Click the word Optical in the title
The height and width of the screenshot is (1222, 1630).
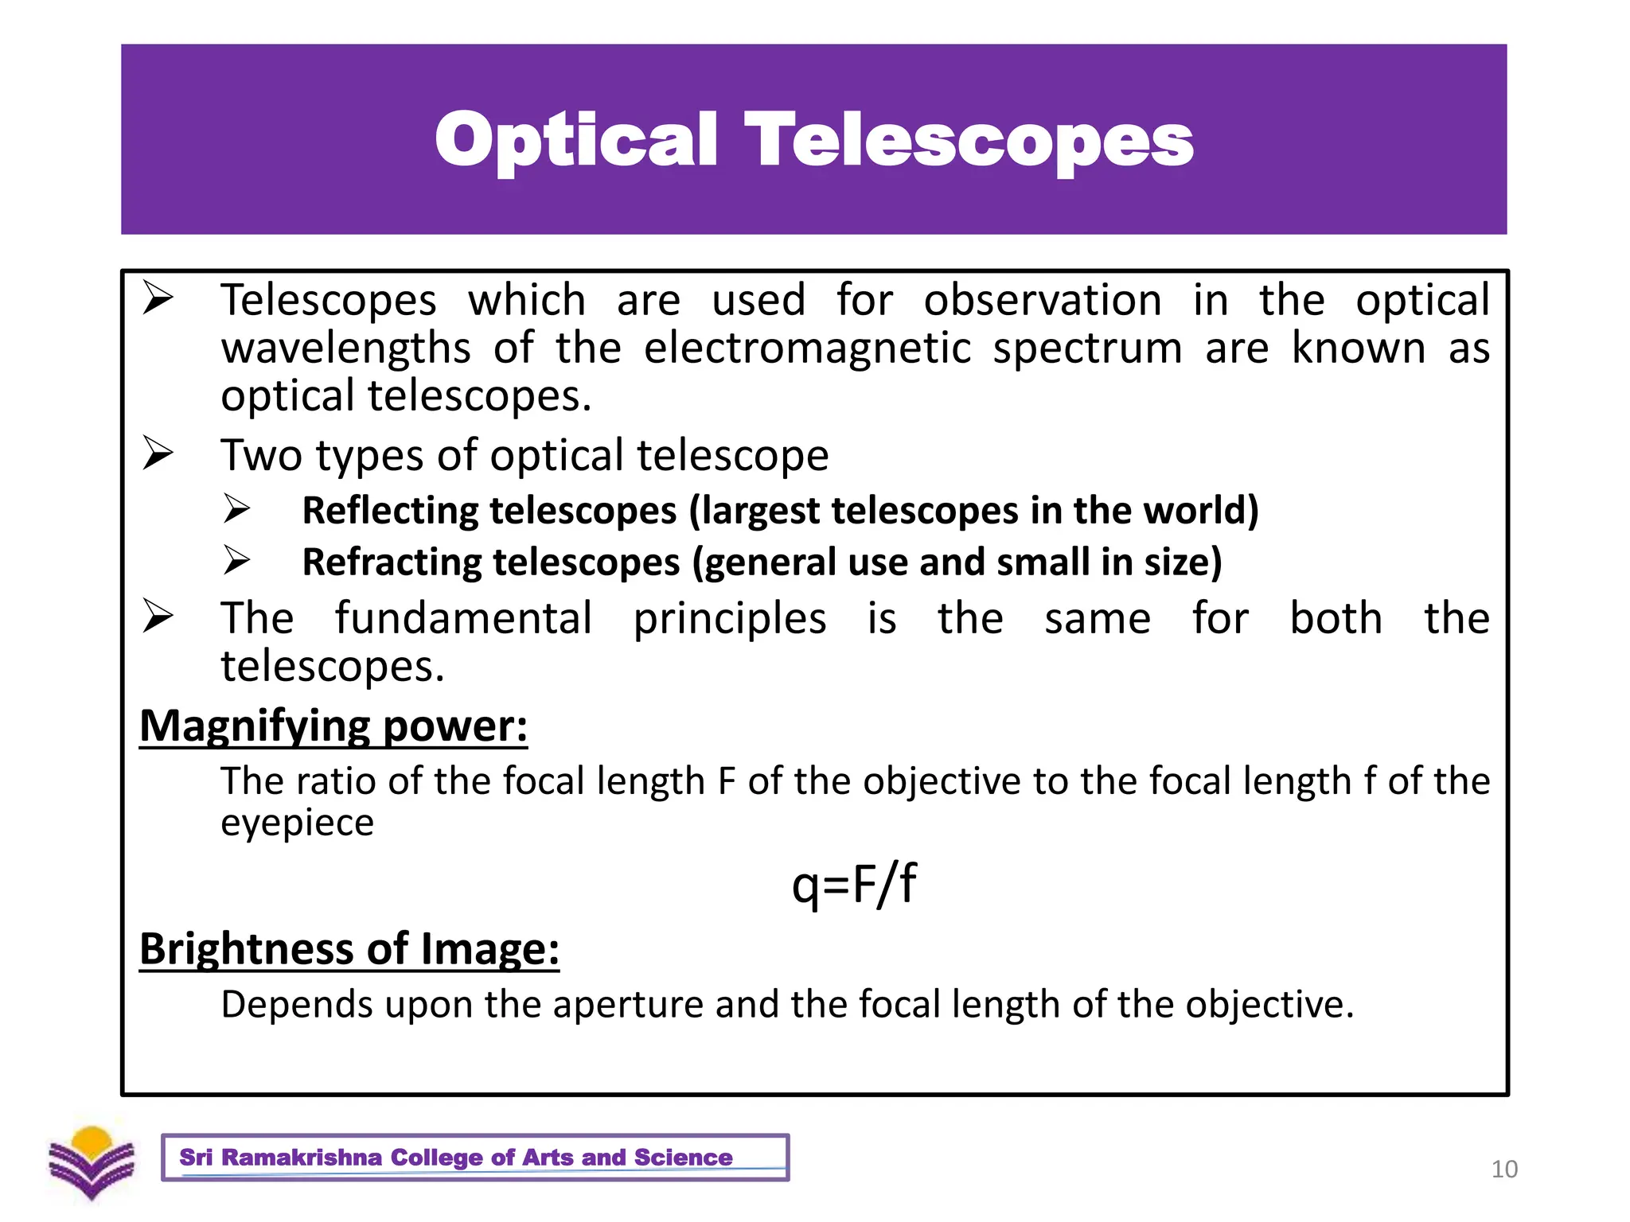click(x=576, y=141)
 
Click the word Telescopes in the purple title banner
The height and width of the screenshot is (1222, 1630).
click(x=969, y=141)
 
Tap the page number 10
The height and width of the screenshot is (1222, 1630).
click(x=1503, y=1169)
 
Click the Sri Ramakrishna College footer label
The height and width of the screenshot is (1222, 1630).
click(x=456, y=1158)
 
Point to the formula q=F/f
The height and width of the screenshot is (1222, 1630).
click(x=853, y=884)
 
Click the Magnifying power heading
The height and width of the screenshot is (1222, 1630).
click(x=333, y=726)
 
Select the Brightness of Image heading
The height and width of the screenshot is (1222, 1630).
click(x=349, y=948)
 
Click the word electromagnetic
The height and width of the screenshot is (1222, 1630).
click(x=807, y=348)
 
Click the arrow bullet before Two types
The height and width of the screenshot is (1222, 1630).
click(x=158, y=453)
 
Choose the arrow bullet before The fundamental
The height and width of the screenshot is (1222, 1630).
click(x=158, y=617)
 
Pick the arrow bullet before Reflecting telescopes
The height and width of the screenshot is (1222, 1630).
click(x=236, y=509)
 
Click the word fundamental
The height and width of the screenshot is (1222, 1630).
click(x=463, y=618)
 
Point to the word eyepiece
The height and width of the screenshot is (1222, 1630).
click(x=297, y=823)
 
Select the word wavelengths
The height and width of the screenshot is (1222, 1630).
click(x=346, y=348)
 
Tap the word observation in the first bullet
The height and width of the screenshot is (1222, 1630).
click(x=1042, y=301)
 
